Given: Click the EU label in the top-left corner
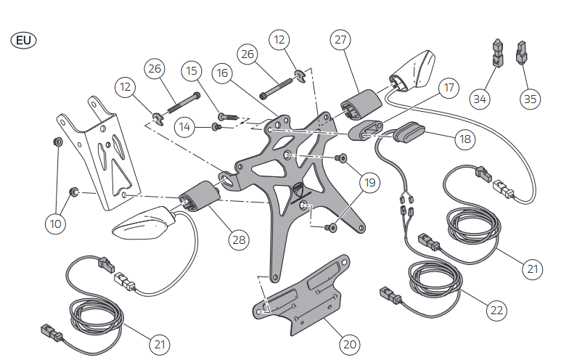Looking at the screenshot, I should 24,40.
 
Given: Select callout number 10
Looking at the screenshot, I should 55,224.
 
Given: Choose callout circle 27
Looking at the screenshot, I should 341,41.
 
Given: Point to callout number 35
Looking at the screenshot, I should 531,98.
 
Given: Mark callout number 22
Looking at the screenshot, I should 496,310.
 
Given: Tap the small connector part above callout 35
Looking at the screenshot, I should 521,53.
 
